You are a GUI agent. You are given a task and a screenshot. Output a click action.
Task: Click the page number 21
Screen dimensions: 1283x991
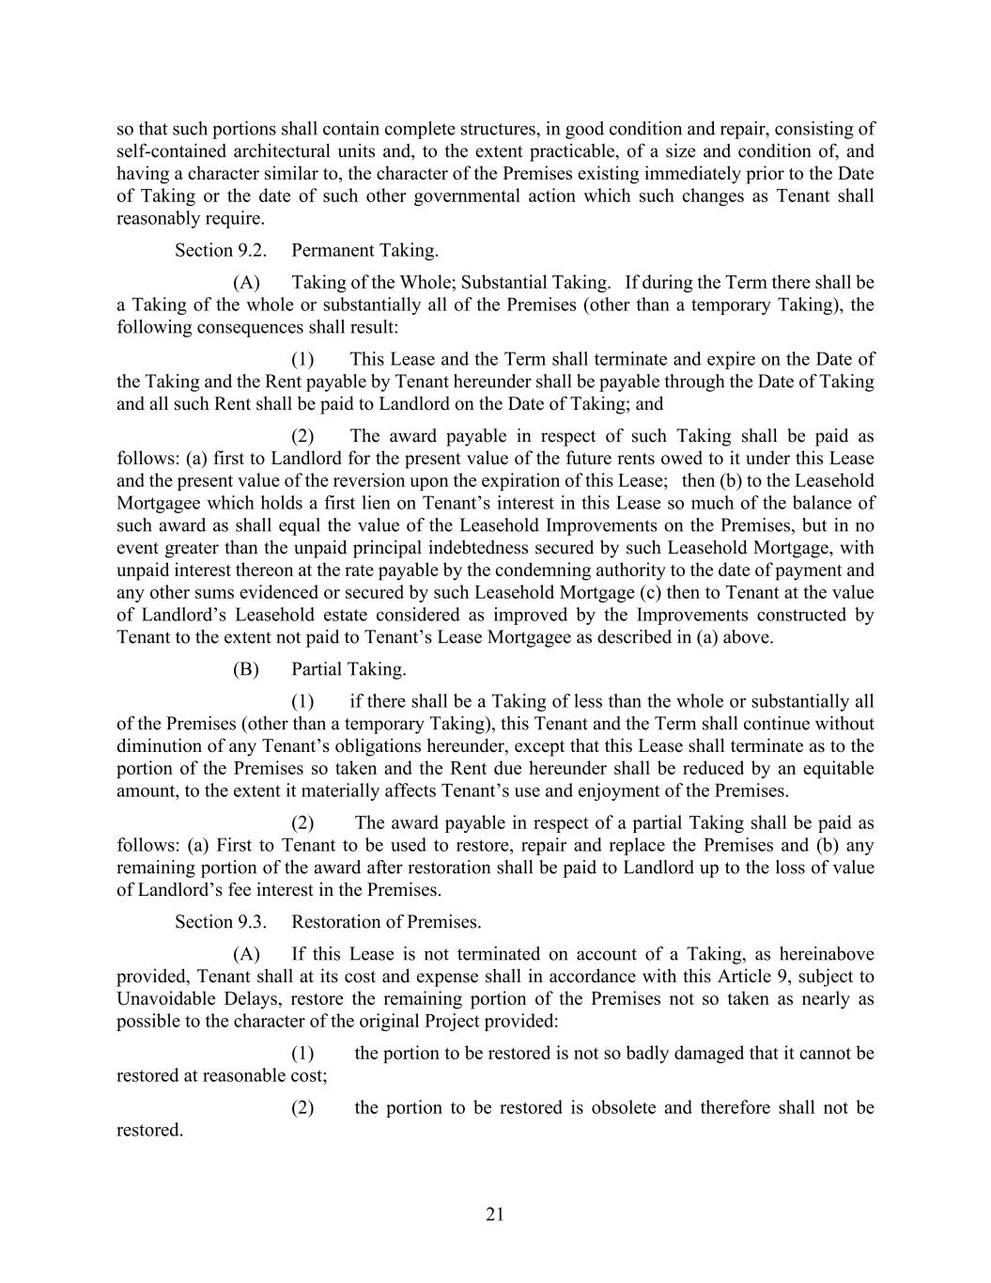[495, 1214]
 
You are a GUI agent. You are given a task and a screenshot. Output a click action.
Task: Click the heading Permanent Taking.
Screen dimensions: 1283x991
[364, 250]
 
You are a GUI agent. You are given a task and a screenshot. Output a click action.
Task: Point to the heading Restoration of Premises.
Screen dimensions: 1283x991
[386, 922]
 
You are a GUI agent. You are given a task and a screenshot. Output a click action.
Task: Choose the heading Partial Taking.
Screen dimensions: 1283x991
[348, 669]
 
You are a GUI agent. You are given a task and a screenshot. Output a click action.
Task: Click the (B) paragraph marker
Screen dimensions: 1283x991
[245, 669]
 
